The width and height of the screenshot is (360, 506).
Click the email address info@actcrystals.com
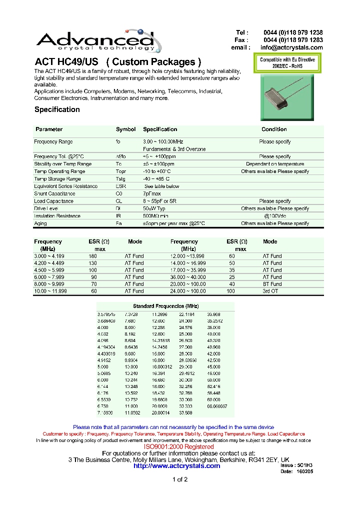click(x=291, y=47)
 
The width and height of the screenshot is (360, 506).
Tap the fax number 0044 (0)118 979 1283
click(x=293, y=40)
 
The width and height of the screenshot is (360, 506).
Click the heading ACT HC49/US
click(x=66, y=62)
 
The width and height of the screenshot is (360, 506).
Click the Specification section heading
click(x=57, y=109)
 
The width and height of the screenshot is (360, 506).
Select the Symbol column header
click(x=125, y=129)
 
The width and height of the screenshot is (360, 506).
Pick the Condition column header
click(x=274, y=129)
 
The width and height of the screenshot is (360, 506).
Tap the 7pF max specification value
click(x=151, y=193)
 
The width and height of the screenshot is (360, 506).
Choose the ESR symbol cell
click(x=120, y=186)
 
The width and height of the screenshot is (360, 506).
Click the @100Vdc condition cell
click(x=274, y=216)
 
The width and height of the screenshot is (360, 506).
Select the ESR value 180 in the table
click(x=92, y=256)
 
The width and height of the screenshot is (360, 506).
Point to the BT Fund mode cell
click(x=272, y=284)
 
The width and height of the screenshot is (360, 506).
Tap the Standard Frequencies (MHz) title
click(x=165, y=306)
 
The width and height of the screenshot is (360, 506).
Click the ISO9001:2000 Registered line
click(x=179, y=446)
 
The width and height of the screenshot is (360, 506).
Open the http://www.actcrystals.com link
click(x=177, y=465)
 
